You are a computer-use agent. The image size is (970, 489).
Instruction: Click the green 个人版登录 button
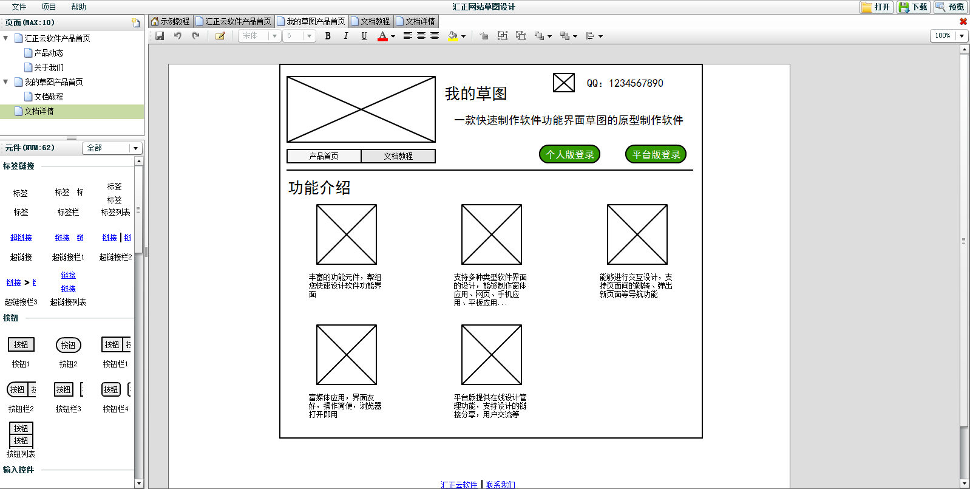pos(569,154)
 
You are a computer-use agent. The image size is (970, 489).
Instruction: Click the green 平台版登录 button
pos(656,154)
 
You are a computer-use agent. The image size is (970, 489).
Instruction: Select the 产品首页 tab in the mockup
pos(324,156)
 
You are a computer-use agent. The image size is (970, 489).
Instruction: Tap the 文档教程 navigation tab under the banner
pos(398,156)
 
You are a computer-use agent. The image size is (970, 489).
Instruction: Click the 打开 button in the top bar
pos(877,7)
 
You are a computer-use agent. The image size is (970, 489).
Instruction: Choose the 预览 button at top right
pos(950,7)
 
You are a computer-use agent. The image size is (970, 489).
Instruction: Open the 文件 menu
pos(19,7)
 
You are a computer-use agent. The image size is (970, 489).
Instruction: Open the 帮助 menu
pos(78,7)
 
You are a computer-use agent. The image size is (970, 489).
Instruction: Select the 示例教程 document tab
pos(171,21)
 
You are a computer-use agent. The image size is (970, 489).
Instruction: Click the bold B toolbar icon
pos(328,36)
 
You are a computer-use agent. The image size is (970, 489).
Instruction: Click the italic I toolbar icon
pos(346,36)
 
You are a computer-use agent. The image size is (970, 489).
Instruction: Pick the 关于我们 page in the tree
pos(49,67)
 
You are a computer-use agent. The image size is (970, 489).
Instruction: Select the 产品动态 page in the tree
pos(49,53)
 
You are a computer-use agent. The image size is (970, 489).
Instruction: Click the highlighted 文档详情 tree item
pos(39,111)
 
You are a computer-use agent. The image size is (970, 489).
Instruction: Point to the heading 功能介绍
pos(319,188)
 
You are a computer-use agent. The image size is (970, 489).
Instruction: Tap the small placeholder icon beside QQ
pos(563,83)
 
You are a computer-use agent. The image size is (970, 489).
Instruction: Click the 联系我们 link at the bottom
pos(500,485)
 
